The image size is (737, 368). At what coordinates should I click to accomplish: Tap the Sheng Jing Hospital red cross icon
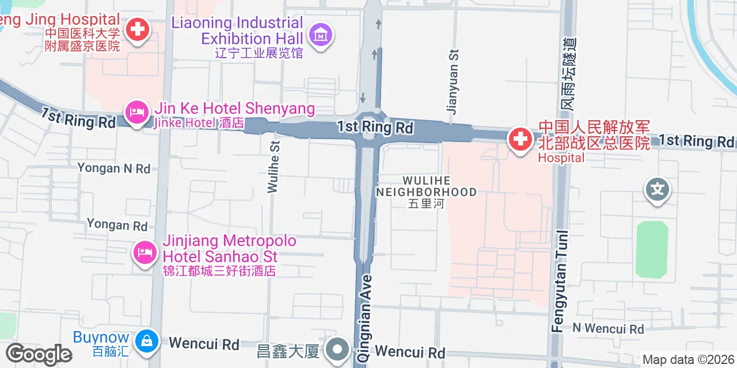pyautogui.click(x=138, y=29)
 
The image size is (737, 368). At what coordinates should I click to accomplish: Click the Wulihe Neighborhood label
pyautogui.click(x=426, y=186)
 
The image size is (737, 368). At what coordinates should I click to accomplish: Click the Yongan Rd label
pyautogui.click(x=117, y=225)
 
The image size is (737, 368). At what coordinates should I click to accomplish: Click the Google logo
pyautogui.click(x=39, y=354)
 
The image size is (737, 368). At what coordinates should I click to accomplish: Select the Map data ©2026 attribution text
pyautogui.click(x=688, y=360)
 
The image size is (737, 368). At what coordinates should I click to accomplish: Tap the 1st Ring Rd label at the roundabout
pyautogui.click(x=375, y=127)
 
